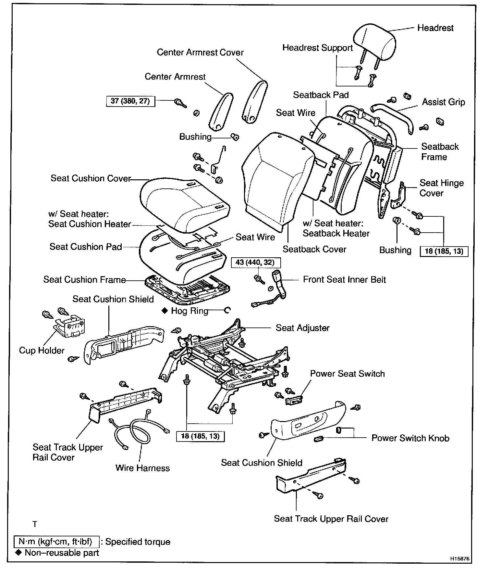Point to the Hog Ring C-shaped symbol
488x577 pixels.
point(227,311)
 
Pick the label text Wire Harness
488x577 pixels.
point(142,468)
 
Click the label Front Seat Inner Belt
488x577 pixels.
point(344,280)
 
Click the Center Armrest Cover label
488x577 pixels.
point(200,53)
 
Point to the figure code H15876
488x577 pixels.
point(459,559)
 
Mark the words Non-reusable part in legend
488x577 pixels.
point(62,553)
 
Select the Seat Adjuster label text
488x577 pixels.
point(302,328)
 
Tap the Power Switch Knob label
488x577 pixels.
point(410,438)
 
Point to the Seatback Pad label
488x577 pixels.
point(321,95)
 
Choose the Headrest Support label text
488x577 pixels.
point(317,48)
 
